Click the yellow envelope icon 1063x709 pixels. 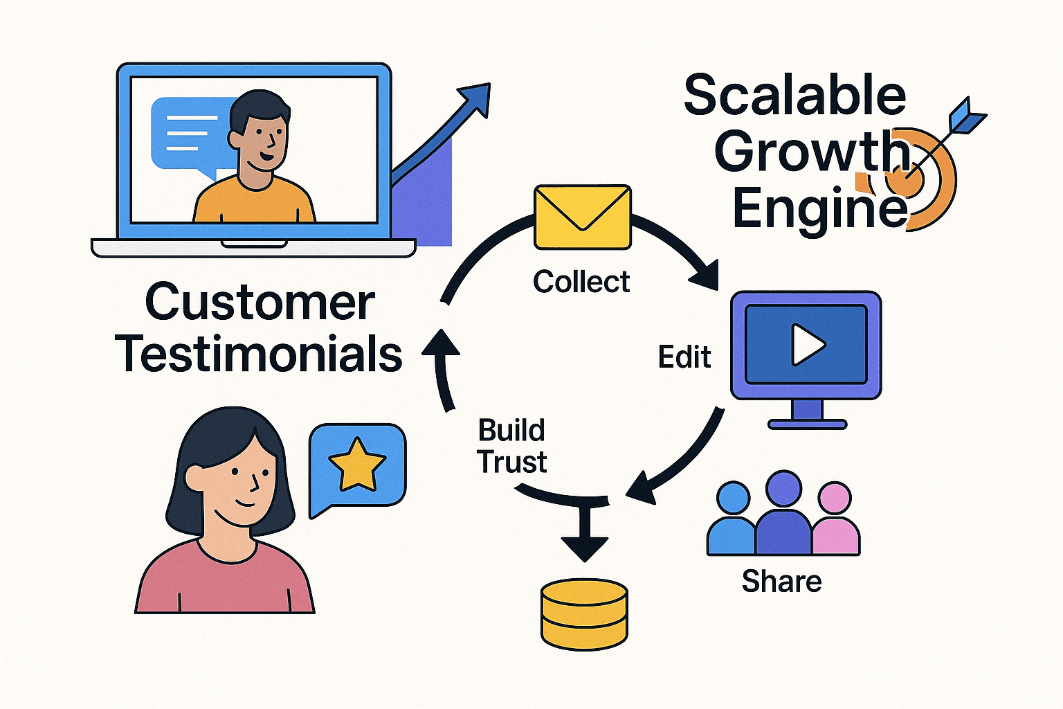click(583, 217)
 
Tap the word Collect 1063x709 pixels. click(581, 282)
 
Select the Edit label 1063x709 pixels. click(684, 357)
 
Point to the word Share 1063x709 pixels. click(781, 582)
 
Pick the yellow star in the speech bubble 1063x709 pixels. click(357, 464)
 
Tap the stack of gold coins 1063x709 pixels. click(584, 614)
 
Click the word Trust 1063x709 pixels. click(513, 462)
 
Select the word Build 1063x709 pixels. click(511, 430)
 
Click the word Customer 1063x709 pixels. click(260, 303)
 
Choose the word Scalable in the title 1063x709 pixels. click(795, 94)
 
